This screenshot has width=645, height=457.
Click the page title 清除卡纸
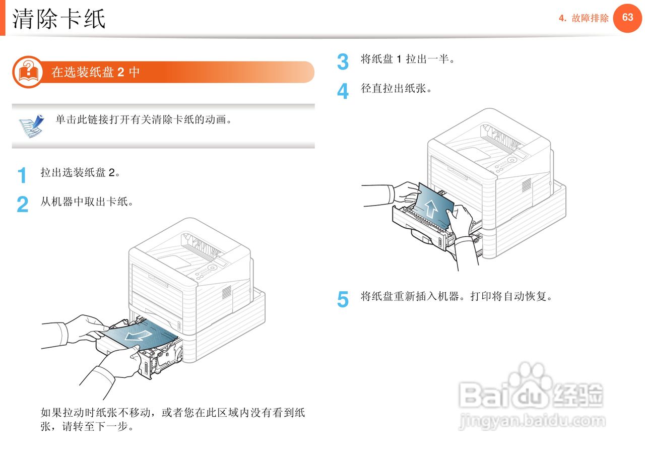(x=59, y=19)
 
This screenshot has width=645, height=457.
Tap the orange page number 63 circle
(x=627, y=18)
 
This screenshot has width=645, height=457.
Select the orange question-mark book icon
(x=28, y=72)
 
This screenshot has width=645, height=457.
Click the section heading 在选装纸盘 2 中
(x=96, y=72)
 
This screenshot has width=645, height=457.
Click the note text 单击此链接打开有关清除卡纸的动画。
(x=144, y=120)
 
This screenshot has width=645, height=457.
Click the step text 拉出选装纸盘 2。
(x=81, y=173)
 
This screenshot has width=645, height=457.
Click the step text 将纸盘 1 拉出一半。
(x=408, y=59)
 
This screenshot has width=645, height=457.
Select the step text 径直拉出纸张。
(x=396, y=89)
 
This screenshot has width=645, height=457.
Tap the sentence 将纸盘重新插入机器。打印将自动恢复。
(x=457, y=296)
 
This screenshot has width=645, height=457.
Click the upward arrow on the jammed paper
(x=431, y=208)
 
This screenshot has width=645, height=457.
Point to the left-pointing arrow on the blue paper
(x=138, y=335)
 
